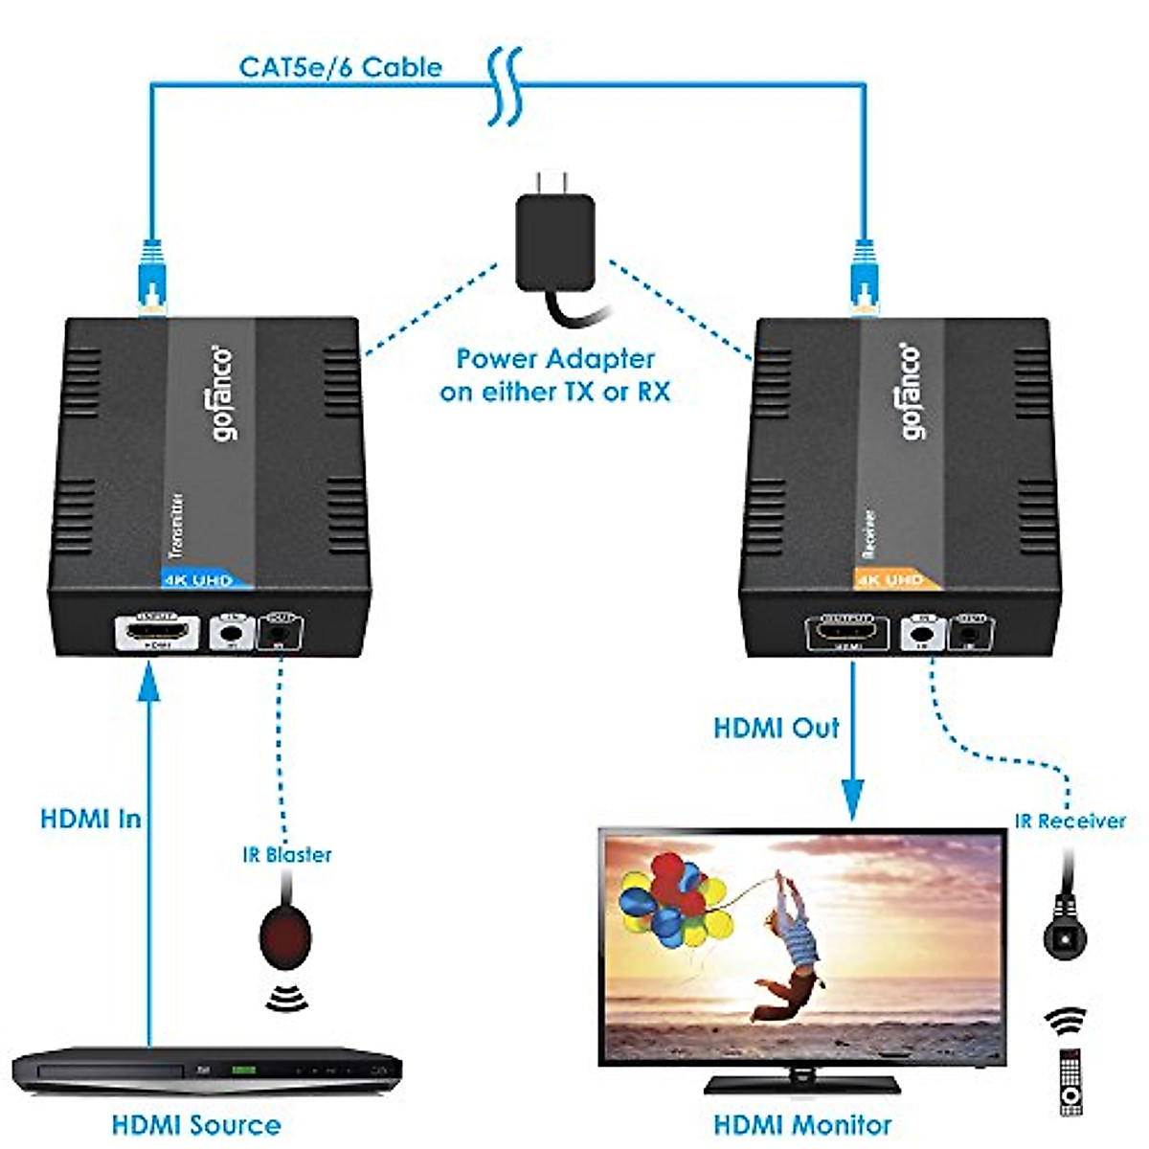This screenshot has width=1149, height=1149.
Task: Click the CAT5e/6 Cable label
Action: tap(340, 68)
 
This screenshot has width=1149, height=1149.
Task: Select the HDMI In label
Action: tap(91, 820)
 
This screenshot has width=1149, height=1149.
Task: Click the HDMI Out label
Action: tap(777, 728)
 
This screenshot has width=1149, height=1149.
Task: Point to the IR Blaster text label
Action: tap(287, 855)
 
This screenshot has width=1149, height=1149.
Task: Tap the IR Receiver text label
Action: tap(1070, 822)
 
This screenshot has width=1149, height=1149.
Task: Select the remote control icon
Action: tap(1070, 1082)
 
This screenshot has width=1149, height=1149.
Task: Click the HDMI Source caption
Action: tap(196, 1125)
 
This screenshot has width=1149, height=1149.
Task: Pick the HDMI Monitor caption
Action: tap(802, 1125)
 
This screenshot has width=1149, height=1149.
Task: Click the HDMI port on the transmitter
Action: tap(157, 633)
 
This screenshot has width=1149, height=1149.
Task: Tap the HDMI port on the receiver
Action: tap(847, 633)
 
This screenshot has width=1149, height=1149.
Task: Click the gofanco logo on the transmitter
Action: tap(221, 393)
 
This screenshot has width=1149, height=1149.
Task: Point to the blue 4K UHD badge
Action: tap(204, 580)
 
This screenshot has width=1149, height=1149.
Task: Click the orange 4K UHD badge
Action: tap(893, 580)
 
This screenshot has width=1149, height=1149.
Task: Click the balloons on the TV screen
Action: tap(670, 900)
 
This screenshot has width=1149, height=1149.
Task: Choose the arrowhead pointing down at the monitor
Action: tap(852, 800)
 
